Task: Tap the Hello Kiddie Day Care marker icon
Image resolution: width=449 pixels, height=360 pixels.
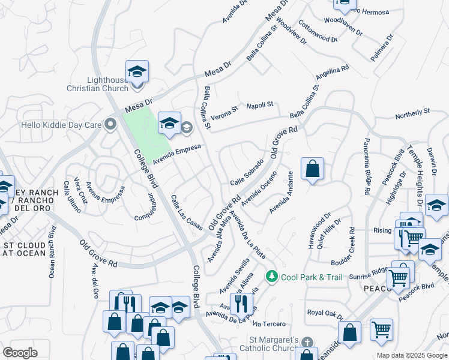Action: [110, 125]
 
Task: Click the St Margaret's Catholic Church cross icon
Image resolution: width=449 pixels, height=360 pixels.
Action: [307, 342]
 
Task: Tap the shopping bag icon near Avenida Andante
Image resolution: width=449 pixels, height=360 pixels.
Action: [312, 169]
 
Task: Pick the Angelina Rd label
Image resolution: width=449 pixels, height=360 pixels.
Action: [333, 74]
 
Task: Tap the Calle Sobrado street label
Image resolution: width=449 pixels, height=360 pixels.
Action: [247, 172]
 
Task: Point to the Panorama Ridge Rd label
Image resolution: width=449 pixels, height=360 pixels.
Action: [366, 166]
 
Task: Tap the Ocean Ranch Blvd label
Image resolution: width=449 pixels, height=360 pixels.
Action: [52, 251]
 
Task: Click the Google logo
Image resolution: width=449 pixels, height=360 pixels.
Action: [20, 353]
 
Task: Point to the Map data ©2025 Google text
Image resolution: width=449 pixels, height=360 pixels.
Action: [411, 355]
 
